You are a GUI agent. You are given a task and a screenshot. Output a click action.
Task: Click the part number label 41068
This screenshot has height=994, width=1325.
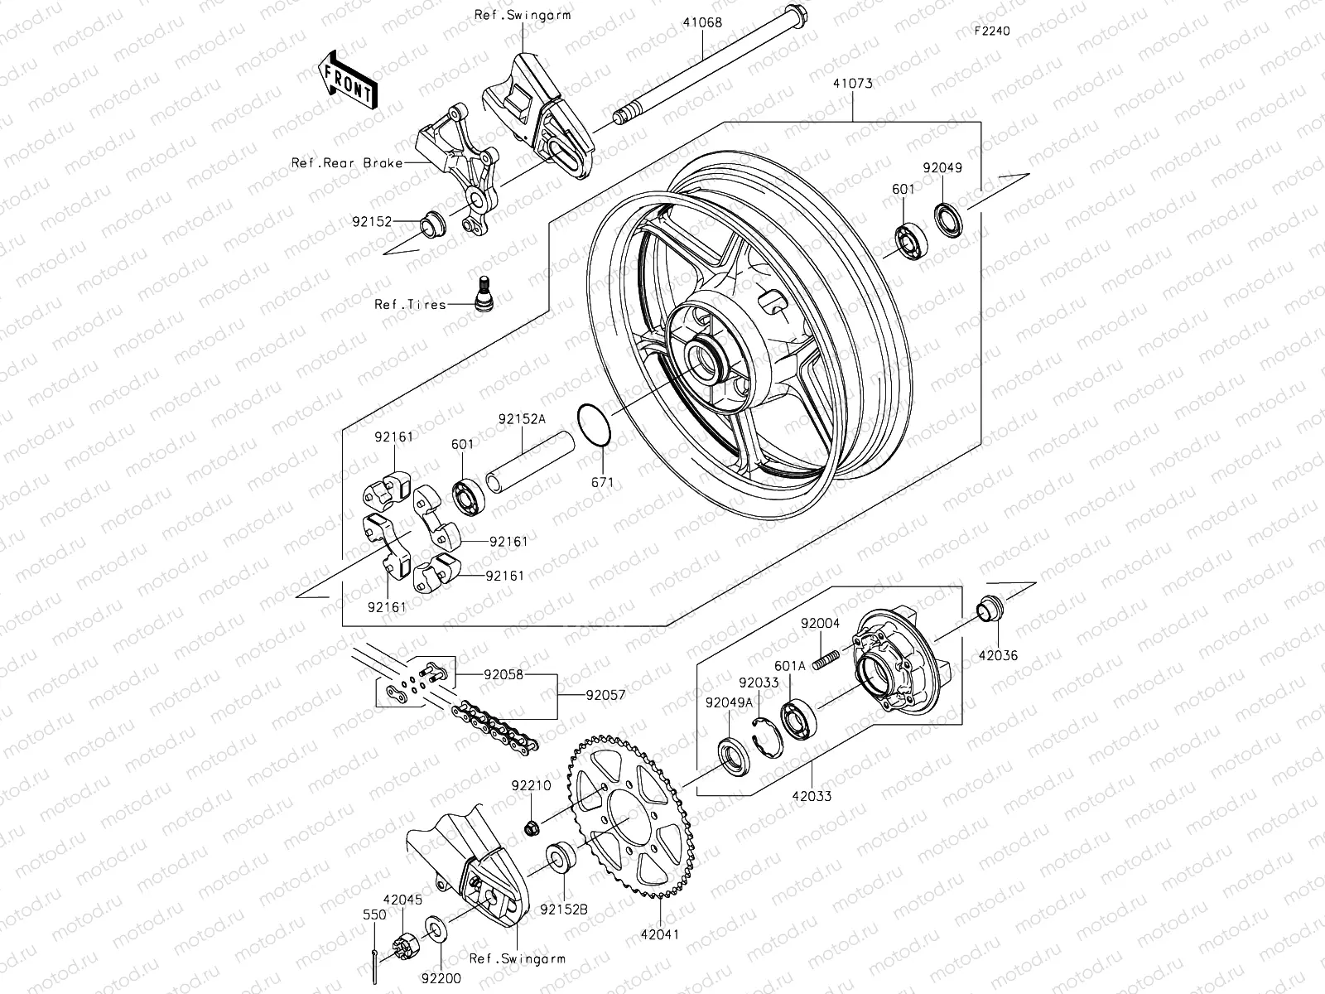tap(702, 22)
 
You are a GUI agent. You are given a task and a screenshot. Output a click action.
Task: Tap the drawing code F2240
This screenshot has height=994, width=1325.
tap(992, 31)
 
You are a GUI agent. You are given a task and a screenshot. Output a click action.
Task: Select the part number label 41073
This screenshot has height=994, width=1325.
tap(853, 84)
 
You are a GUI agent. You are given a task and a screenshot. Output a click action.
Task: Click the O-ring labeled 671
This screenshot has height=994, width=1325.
tap(595, 424)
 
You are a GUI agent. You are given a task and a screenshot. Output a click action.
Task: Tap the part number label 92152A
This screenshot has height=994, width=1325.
tap(522, 419)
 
